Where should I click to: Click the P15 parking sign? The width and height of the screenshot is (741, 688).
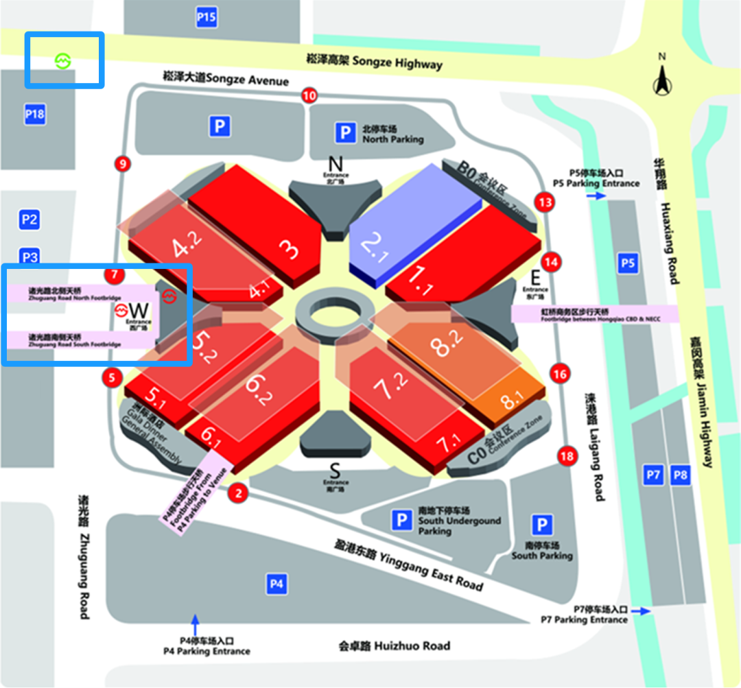tap(207, 17)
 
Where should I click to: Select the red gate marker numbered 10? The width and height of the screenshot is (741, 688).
tap(309, 96)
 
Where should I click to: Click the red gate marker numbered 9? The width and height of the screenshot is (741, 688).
tap(123, 164)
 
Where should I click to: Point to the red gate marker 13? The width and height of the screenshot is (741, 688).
tap(546, 202)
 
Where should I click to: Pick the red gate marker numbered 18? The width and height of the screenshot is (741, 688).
tap(567, 456)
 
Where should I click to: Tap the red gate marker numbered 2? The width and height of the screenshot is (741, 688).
tap(239, 492)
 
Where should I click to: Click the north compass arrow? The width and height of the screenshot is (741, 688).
tap(662, 79)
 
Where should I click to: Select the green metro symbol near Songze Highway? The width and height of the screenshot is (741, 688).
tap(63, 60)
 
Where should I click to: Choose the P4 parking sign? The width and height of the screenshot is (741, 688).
tap(277, 584)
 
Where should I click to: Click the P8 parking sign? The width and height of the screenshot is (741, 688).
tap(681, 474)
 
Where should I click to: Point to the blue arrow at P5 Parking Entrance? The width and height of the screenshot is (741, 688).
tap(596, 196)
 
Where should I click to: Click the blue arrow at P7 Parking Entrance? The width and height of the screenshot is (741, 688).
tap(640, 610)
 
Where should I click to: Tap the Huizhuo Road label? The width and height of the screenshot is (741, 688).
tap(395, 645)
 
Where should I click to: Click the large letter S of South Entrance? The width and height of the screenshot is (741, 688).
tap(335, 471)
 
